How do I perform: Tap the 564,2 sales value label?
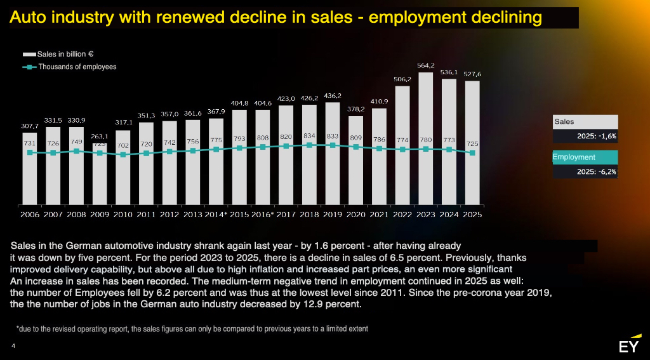pyautogui.click(x=426, y=65)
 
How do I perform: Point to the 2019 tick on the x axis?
pyautogui.click(x=333, y=215)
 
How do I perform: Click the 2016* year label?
pyautogui.click(x=262, y=215)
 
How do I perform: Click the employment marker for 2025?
pyautogui.click(x=472, y=153)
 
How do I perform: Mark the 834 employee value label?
pyautogui.click(x=309, y=136)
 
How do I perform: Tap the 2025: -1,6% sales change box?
pyautogui.click(x=585, y=136)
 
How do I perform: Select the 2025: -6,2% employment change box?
pyautogui.click(x=585, y=171)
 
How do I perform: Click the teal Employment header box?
pyautogui.click(x=585, y=157)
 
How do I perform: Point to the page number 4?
pyautogui.click(x=13, y=346)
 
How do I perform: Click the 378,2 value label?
pyautogui.click(x=356, y=109)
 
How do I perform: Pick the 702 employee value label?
pyautogui.click(x=123, y=145)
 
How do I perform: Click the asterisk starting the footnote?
pyautogui.click(x=18, y=329)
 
